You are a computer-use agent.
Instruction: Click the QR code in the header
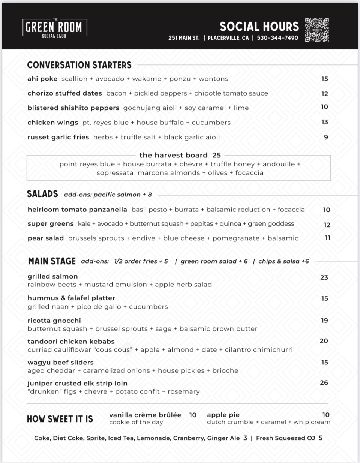[x=317, y=30]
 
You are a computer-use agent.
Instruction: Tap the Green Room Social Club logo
[x=55, y=28]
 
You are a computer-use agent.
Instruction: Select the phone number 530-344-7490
[x=277, y=38]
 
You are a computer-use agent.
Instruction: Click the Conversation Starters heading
[x=79, y=65]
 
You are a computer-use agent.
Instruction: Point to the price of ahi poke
[x=325, y=79]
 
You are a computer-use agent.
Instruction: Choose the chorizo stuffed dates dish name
[x=64, y=93]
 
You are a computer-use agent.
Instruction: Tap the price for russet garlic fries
[x=326, y=137]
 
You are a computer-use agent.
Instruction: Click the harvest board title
[x=173, y=155]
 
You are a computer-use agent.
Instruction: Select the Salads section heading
[x=42, y=194]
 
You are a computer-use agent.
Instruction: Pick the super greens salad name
[x=51, y=224]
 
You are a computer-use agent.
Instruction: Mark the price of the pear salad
[x=327, y=238]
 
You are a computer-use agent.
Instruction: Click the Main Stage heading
[x=52, y=261]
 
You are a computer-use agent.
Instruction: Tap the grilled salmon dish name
[x=52, y=276]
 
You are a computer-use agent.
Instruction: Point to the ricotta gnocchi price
[x=324, y=321]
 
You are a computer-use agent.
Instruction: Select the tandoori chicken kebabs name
[x=71, y=342]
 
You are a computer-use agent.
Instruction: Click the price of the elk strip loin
[x=324, y=383]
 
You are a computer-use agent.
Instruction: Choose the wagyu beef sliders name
[x=60, y=363]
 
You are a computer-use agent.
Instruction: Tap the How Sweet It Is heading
[x=60, y=419]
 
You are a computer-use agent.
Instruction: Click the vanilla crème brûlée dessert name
[x=145, y=415]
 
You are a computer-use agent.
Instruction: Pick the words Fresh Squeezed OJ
[x=286, y=438]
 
